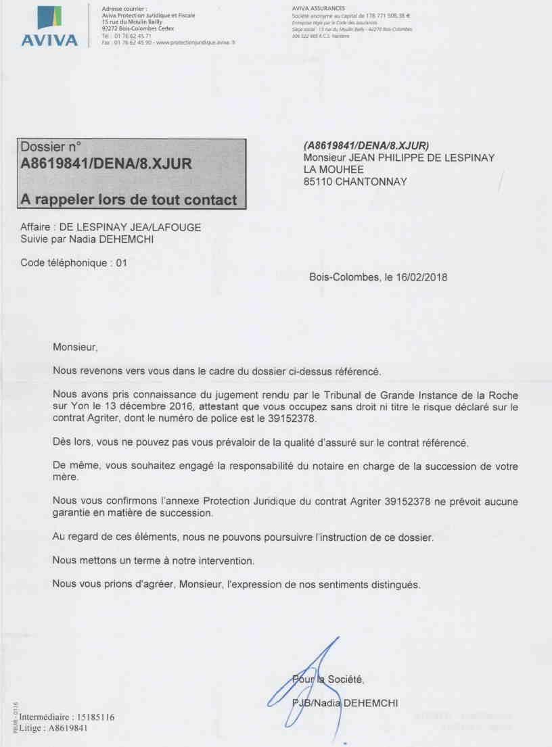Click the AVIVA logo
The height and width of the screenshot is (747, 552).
pos(49,26)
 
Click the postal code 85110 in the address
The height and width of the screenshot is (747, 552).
pos(317,181)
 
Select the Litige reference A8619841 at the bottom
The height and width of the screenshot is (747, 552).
pos(68,728)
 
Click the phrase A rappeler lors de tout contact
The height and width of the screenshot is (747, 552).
pos(129,199)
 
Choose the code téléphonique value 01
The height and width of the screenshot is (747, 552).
pos(122,262)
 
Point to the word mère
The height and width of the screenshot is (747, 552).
pos(64,477)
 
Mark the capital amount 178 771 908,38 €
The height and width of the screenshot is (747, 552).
pos(392,15)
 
